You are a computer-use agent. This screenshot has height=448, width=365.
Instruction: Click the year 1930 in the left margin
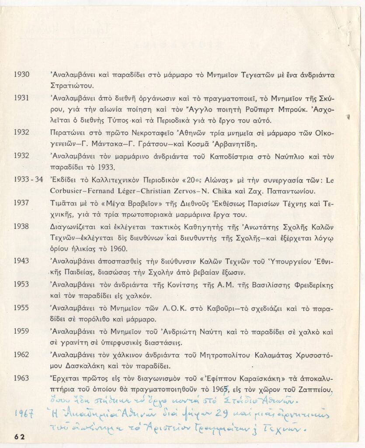coord(21,74)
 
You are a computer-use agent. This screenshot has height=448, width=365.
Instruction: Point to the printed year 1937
coord(21,203)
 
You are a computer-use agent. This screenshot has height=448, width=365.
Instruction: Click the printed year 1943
coord(21,261)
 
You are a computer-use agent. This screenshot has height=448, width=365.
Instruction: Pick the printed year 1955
coord(21,308)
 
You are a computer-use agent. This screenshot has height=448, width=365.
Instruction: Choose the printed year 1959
coord(21,332)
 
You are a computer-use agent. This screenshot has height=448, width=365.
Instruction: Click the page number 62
coord(20,436)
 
